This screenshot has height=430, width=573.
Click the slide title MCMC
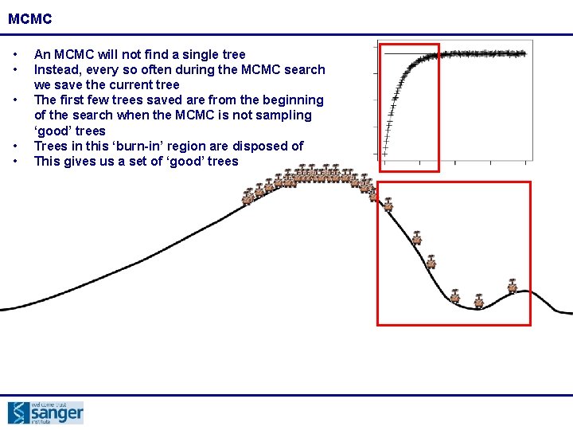[31, 17]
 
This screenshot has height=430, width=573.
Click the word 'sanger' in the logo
[57, 414]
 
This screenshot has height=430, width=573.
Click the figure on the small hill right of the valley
[513, 284]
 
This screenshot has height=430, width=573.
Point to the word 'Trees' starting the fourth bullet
[51, 146]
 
